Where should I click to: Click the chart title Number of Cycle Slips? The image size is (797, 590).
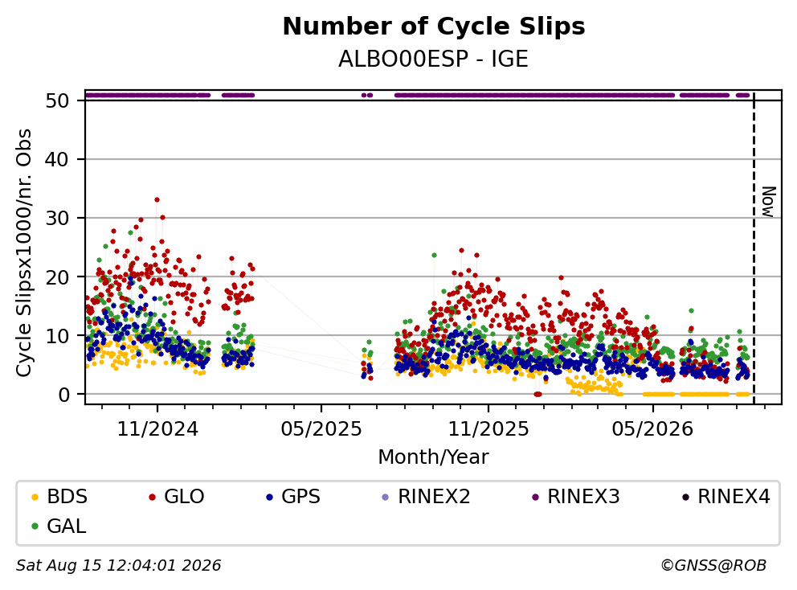434,27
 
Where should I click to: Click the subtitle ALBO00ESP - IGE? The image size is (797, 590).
434,59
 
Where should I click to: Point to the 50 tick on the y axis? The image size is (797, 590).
57,100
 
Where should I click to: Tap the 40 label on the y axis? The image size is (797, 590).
57,160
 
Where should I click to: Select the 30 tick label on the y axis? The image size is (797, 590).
57,218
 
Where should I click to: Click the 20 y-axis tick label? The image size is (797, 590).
57,277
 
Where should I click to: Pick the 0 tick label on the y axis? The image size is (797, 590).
63,394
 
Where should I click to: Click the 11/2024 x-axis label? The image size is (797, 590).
157,429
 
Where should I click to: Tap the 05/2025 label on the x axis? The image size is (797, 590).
321,429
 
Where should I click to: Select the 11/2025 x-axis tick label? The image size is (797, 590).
488,429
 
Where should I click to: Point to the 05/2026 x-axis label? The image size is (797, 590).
652,429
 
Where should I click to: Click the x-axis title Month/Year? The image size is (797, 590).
434,457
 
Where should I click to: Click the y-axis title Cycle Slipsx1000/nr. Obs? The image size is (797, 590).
24,252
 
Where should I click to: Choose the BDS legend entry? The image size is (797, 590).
59,497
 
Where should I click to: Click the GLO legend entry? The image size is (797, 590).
177,497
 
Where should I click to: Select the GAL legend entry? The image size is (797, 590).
59,526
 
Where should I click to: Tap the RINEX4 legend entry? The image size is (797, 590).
726,497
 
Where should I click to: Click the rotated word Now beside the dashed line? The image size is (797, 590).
769,202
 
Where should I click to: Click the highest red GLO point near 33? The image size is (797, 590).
157,200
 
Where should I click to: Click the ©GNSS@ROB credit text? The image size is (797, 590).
713,565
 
